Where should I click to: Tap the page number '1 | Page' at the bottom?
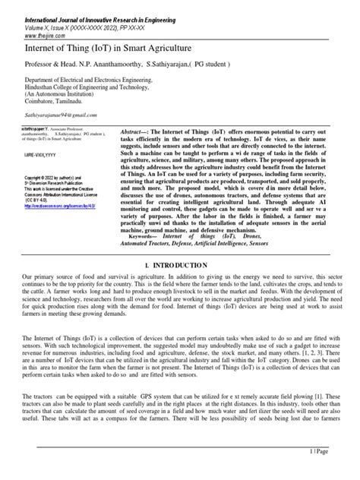tap(341, 472)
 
